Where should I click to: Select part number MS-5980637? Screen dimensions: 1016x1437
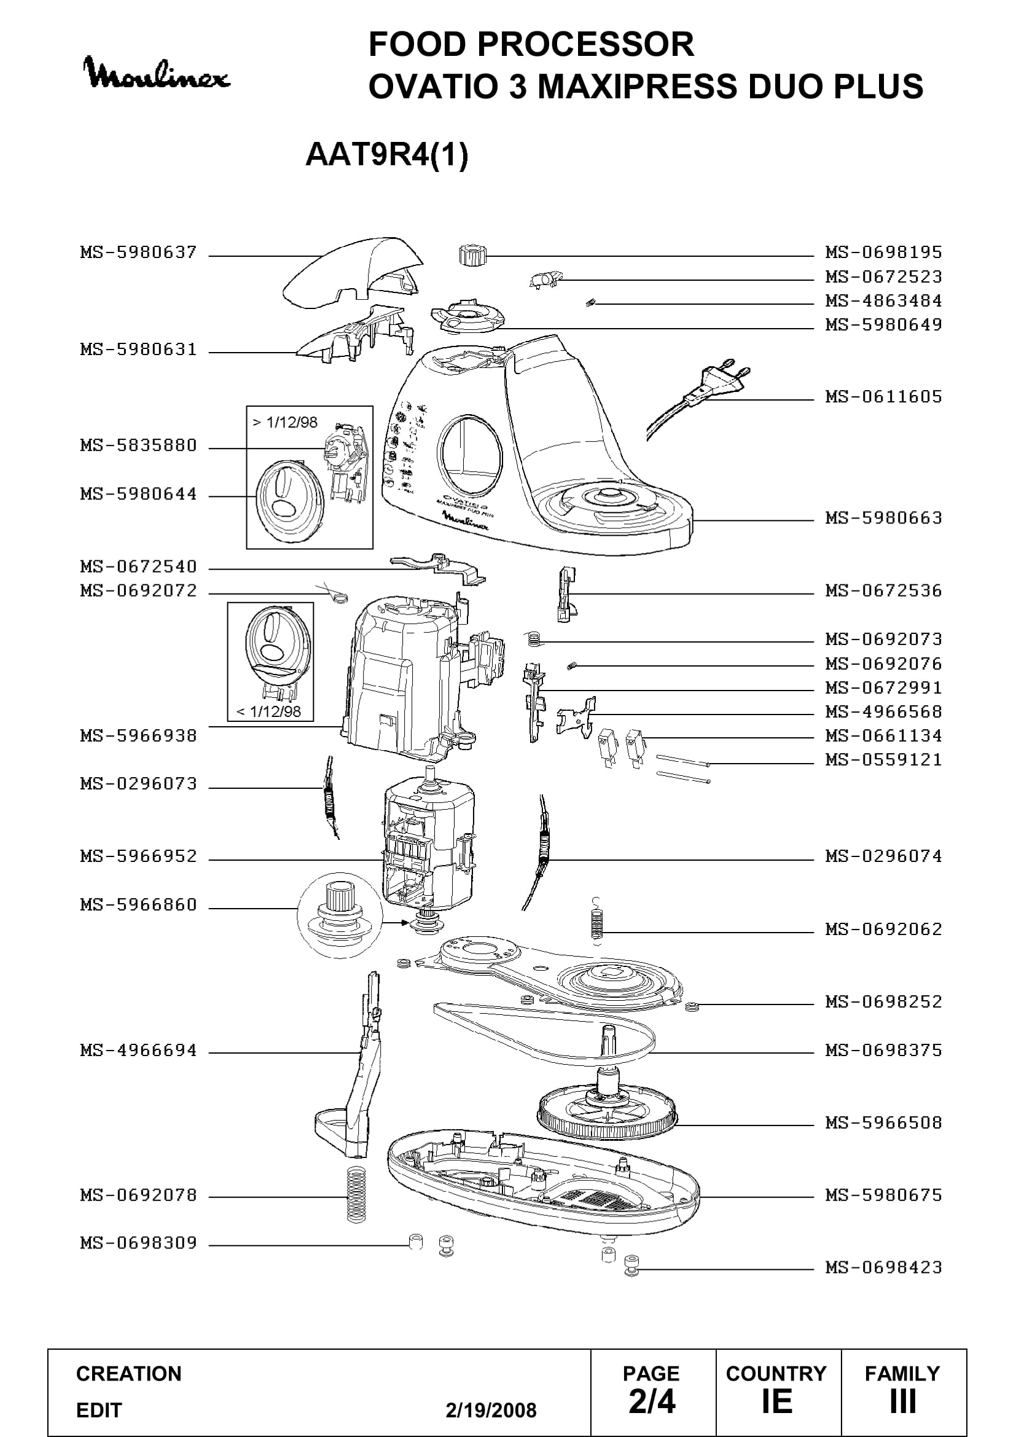click(x=138, y=253)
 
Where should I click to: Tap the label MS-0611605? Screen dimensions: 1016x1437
click(x=883, y=396)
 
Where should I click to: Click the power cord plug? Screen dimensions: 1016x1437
click(x=719, y=382)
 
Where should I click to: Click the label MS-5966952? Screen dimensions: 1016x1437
click(x=138, y=856)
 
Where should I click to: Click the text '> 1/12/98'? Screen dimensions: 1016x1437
click(x=284, y=422)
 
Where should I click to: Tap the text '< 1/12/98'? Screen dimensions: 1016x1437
click(x=268, y=711)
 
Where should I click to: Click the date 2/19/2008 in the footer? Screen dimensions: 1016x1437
click(x=491, y=1410)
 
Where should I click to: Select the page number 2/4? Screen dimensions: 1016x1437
click(x=652, y=1401)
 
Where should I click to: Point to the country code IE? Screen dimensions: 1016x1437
click(x=777, y=1401)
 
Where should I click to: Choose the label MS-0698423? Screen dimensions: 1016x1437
click(x=883, y=1267)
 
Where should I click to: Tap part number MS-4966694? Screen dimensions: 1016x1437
click(x=138, y=1049)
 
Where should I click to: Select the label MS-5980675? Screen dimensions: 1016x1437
click(x=883, y=1195)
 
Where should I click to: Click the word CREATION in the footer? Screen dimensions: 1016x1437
click(x=129, y=1373)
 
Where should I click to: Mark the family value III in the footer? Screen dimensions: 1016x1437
click(x=903, y=1401)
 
